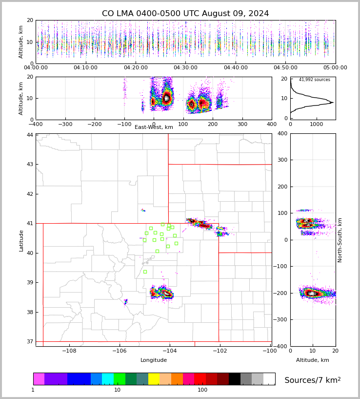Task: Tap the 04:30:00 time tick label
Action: [x=186, y=68]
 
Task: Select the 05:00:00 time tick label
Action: [x=335, y=68]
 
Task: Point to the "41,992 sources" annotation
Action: [x=314, y=80]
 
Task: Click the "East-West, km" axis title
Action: [x=154, y=127]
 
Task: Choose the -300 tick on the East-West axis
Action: [x=65, y=124]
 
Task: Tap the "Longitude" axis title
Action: [x=154, y=360]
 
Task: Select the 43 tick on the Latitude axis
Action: [x=30, y=164]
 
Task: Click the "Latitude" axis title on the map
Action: [x=21, y=240]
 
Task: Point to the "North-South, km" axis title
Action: [x=340, y=240]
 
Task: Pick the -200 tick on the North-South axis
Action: [x=282, y=293]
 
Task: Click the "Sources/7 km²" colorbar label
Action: [x=313, y=380]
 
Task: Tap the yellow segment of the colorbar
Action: [x=154, y=379]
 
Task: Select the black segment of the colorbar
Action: [x=234, y=379]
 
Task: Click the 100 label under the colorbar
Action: [x=202, y=390]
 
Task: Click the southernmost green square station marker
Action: [x=145, y=272]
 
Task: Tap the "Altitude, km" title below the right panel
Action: [x=313, y=360]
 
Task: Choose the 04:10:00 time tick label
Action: [x=86, y=68]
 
